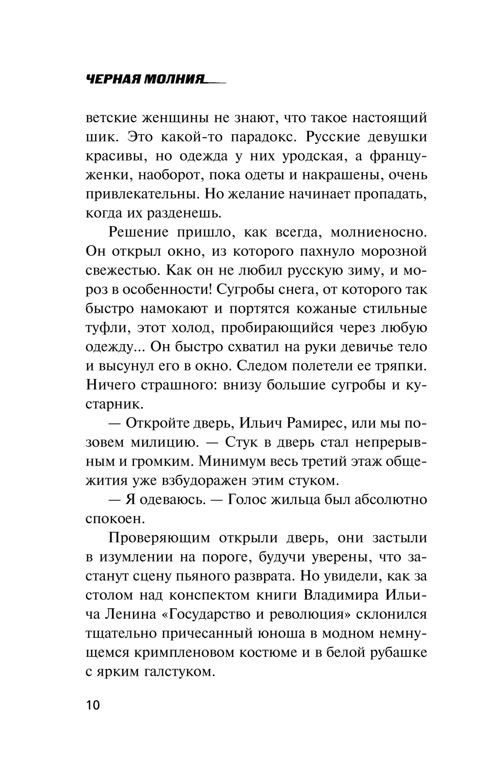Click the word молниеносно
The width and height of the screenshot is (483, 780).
pyautogui.click(x=379, y=232)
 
